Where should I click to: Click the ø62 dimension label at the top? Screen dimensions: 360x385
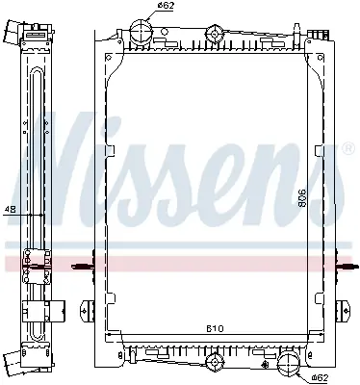click(166, 6)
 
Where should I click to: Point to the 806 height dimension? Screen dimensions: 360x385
click(302, 197)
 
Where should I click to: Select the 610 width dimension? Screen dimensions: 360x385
click(215, 328)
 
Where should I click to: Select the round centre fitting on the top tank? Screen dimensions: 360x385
click(214, 33)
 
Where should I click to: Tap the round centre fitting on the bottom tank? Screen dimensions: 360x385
click(214, 363)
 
